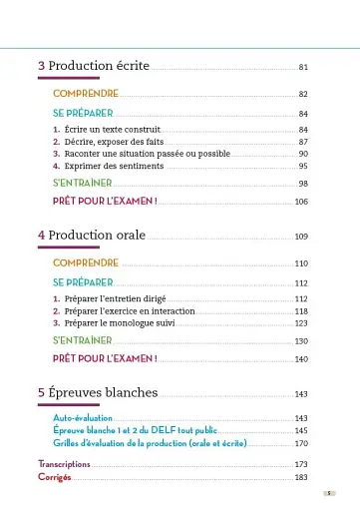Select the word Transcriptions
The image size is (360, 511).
coord(64,465)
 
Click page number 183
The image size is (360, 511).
coord(301,478)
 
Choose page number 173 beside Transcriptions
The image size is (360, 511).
coord(301,465)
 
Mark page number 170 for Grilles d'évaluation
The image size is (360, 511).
coord(301,442)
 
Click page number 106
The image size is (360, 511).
coord(301,202)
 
